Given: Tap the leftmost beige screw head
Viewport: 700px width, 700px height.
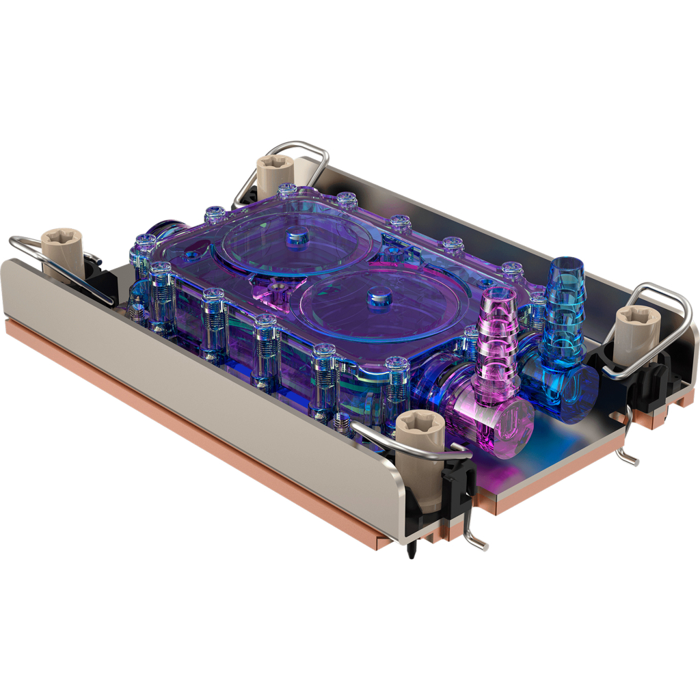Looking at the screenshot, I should pos(62,244).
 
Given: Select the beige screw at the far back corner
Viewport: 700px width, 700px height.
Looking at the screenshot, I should pos(275,167).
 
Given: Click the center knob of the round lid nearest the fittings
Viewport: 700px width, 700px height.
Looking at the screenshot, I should pos(375,295).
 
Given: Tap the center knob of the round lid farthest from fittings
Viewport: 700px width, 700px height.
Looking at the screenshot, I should pos(297,236).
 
